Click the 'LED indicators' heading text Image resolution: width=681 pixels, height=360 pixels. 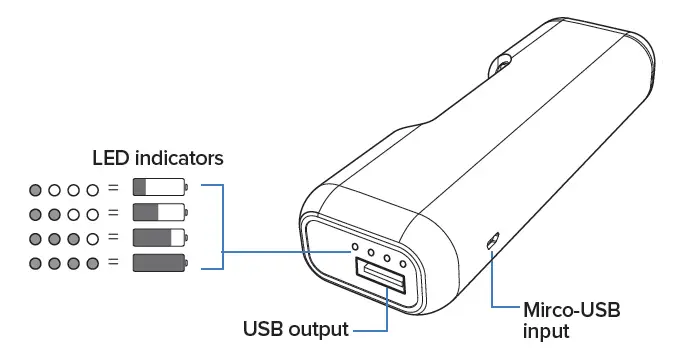tap(157, 158)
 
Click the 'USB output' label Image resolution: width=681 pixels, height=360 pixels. tap(296, 329)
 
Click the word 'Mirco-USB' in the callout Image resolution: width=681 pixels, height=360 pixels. tap(571, 311)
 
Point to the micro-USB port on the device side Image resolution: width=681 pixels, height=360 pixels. tap(491, 241)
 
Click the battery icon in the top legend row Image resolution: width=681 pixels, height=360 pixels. tap(160, 187)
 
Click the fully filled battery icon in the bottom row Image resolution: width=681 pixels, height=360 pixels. tap(160, 263)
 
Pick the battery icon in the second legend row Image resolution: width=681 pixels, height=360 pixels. tap(160, 212)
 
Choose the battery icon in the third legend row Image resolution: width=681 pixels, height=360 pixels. tap(160, 238)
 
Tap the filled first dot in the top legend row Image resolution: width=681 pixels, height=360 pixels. tap(36, 188)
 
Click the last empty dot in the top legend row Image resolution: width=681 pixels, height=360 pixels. tap(93, 188)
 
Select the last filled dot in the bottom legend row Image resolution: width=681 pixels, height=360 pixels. tap(93, 264)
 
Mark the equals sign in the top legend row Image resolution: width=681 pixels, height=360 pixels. tap(113, 188)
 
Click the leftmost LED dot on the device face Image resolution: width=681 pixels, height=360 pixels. tap(352, 243)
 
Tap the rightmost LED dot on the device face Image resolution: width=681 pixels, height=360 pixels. tap(404, 263)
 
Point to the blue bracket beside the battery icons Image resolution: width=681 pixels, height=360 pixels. tap(222, 226)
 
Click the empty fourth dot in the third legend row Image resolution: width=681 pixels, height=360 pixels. tap(93, 238)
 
